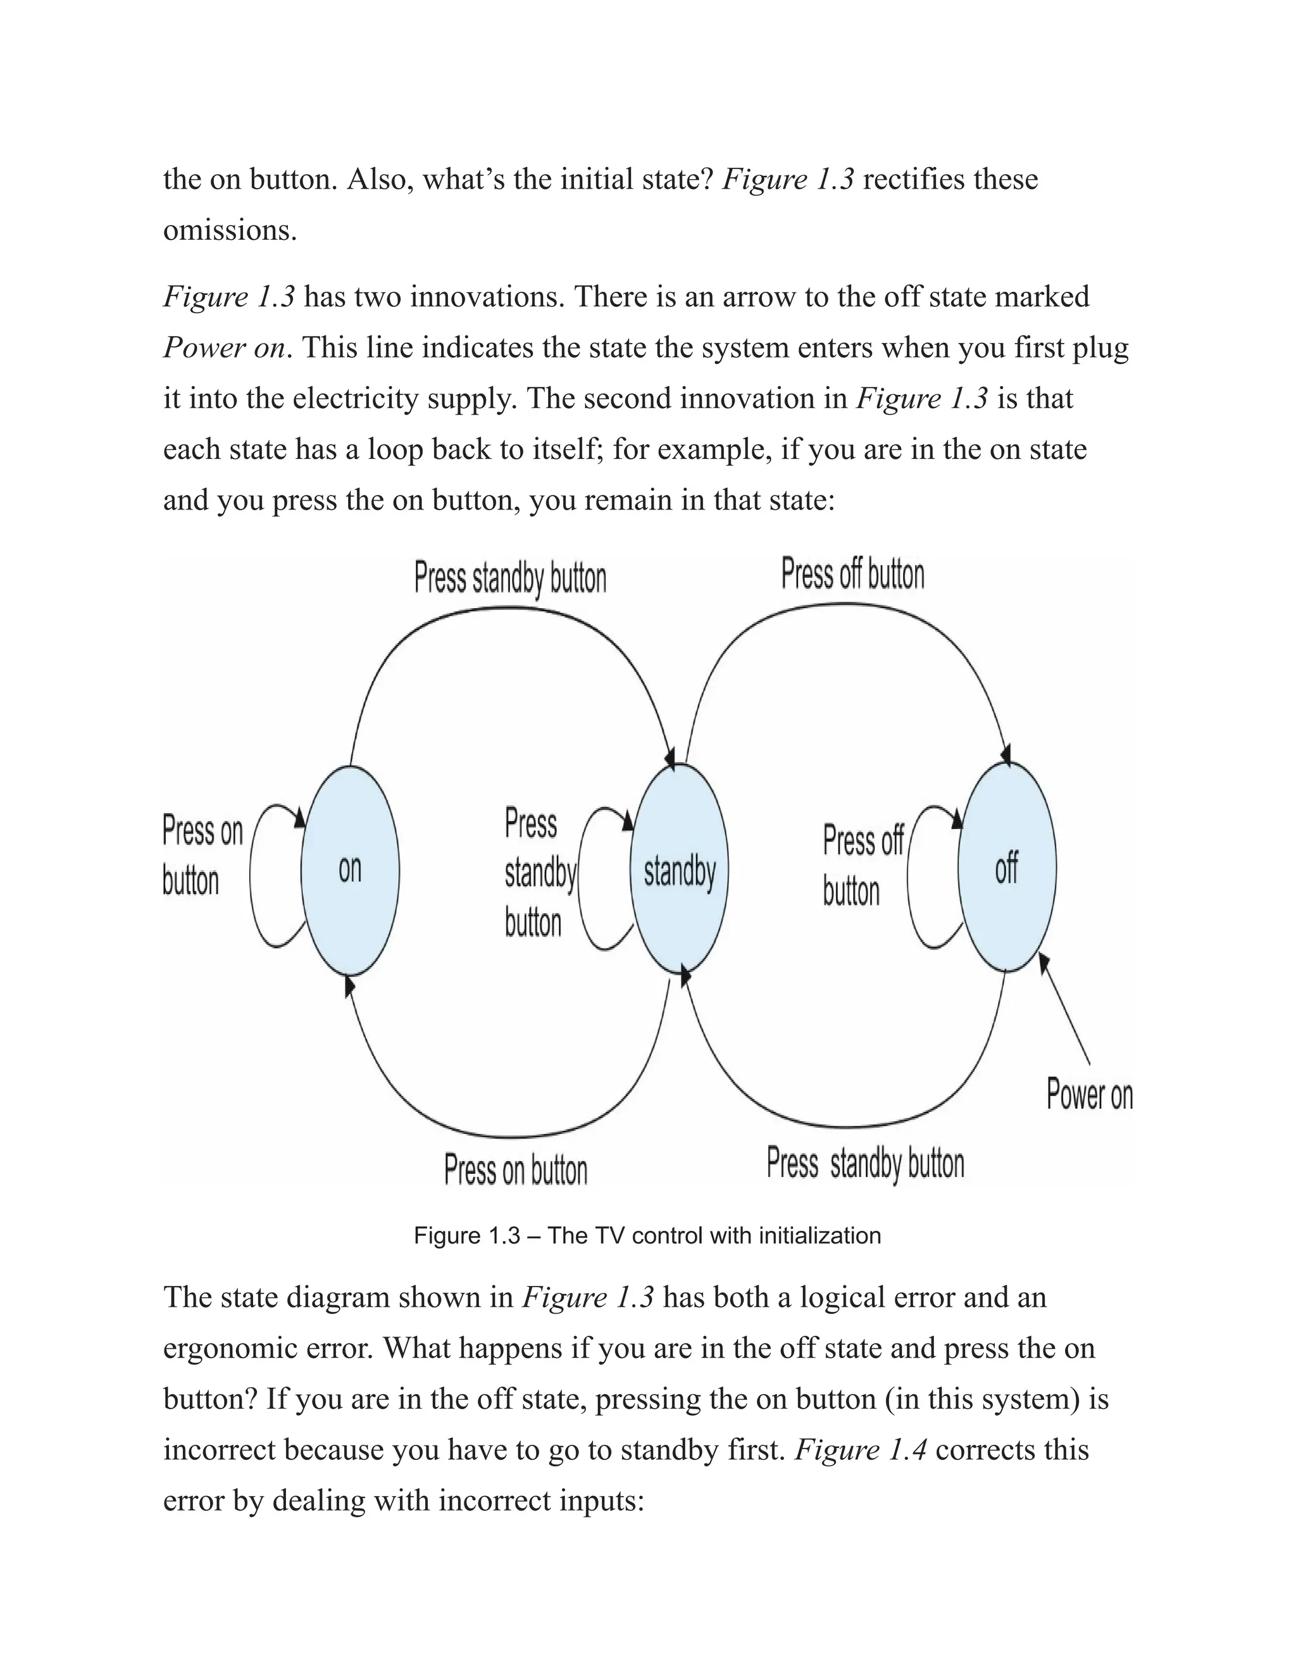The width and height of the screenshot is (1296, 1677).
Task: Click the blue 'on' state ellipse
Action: tap(349, 870)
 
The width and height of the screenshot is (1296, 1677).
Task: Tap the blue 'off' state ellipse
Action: tap(1007, 868)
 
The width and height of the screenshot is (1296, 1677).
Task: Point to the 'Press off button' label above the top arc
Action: tap(852, 575)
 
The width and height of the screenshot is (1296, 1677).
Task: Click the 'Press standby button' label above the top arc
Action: tap(510, 578)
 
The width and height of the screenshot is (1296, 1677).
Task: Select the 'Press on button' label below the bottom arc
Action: tap(515, 1171)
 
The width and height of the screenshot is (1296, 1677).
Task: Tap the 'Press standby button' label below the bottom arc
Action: tap(864, 1163)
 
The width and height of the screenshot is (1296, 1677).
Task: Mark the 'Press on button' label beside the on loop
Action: tap(202, 856)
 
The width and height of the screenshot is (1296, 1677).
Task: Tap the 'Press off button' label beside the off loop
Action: tap(861, 865)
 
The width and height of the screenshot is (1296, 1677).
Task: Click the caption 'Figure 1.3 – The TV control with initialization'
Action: tap(647, 1235)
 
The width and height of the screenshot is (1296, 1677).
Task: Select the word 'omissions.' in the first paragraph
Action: tap(230, 230)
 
